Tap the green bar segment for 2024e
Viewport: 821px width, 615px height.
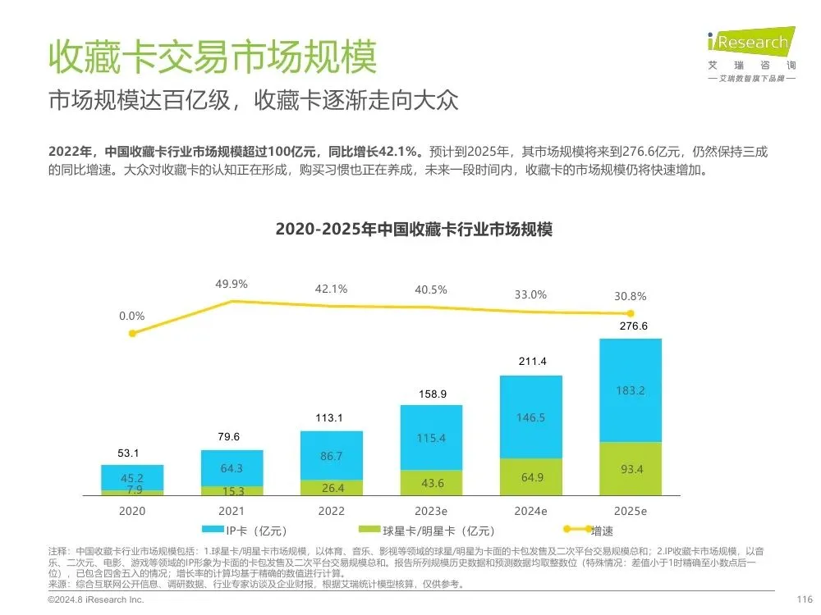(x=531, y=476)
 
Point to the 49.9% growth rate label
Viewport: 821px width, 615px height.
(x=232, y=284)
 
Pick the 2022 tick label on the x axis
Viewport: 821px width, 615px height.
(x=332, y=511)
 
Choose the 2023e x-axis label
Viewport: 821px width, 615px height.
(x=431, y=511)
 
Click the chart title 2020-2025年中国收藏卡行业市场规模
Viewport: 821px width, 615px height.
(x=414, y=230)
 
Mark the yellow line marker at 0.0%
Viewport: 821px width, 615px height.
(x=132, y=333)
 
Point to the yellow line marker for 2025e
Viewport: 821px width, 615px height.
(x=631, y=313)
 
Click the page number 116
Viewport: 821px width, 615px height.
(x=804, y=600)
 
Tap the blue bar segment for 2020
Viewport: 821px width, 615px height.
(x=132, y=477)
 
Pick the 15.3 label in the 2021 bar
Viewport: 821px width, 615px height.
(x=232, y=490)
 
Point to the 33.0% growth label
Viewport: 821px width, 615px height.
(x=531, y=294)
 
